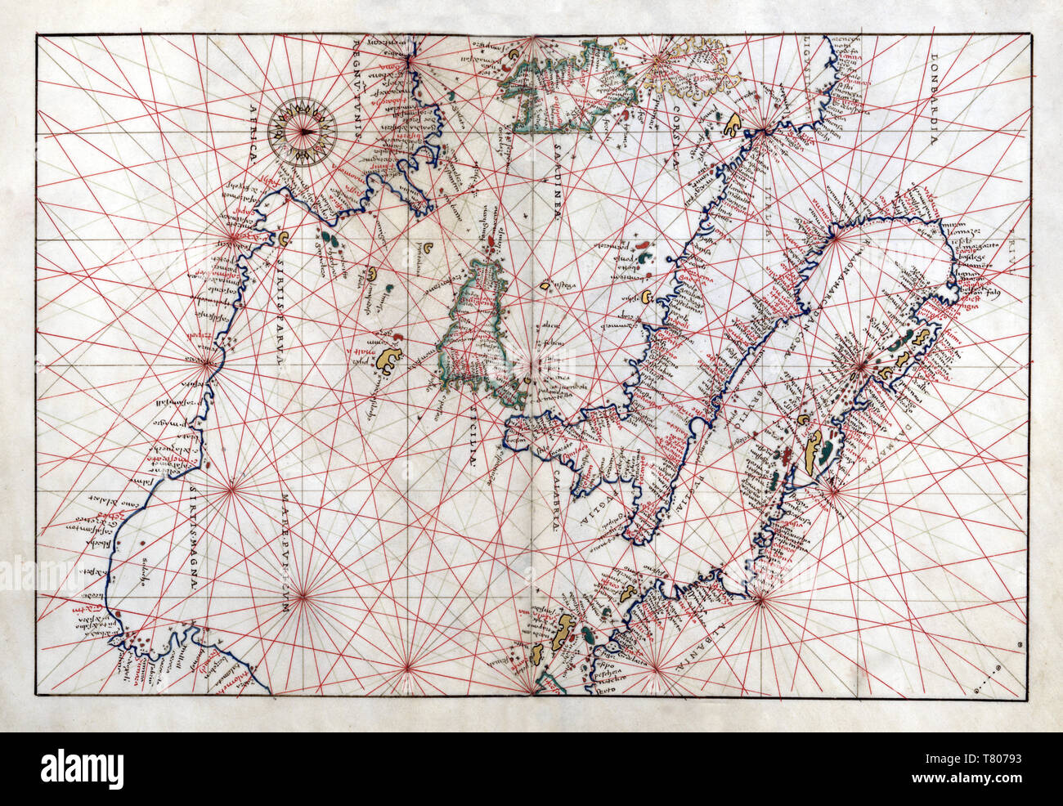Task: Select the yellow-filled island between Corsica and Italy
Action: tap(734, 125)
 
